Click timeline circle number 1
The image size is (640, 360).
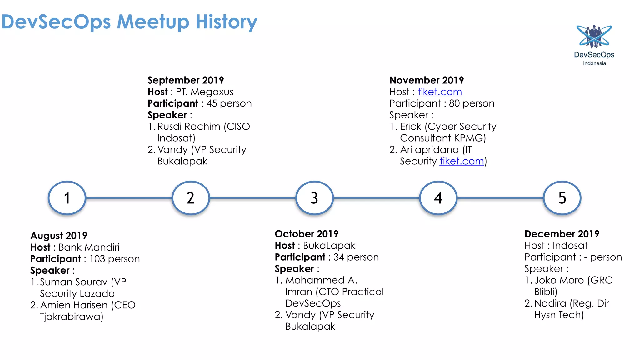pyautogui.click(x=67, y=198)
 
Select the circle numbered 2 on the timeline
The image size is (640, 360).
pyautogui.click(x=191, y=198)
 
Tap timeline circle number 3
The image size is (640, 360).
pyautogui.click(x=314, y=198)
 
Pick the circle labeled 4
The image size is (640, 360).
pyautogui.click(x=438, y=198)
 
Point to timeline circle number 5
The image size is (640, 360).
pyautogui.click(x=562, y=198)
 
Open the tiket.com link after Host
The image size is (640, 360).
pyautogui.click(x=440, y=92)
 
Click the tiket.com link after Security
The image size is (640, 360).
pyautogui.click(x=462, y=161)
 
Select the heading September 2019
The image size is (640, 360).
pyautogui.click(x=186, y=80)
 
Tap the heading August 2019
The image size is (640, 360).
pyautogui.click(x=59, y=236)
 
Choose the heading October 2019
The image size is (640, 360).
pyautogui.click(x=307, y=234)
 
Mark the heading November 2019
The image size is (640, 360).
pyautogui.click(x=427, y=80)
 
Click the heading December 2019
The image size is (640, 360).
pyautogui.click(x=562, y=234)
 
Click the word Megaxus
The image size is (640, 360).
pyautogui.click(x=212, y=92)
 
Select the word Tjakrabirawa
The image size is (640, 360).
pyautogui.click(x=71, y=317)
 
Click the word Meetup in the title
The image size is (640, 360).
pyautogui.click(x=153, y=22)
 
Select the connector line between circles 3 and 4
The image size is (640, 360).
pyautogui.click(x=376, y=198)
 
